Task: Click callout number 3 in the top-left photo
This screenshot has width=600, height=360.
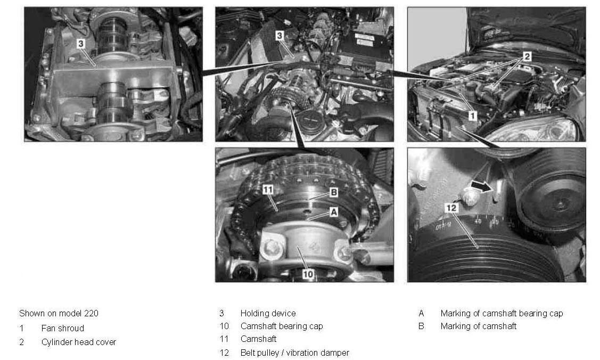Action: coord(80,44)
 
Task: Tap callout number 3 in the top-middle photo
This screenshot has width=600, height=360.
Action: coord(280,36)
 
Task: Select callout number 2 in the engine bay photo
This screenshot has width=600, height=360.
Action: coord(527,56)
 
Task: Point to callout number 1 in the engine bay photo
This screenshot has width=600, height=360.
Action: coord(473,116)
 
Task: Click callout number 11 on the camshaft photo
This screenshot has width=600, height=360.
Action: coord(268,190)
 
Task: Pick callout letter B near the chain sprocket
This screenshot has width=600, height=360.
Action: coord(334,192)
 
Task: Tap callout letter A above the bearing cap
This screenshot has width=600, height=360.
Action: coord(334,212)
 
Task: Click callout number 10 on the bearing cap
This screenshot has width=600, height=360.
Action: coord(308,274)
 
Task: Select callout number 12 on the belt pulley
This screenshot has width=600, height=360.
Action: coord(451,208)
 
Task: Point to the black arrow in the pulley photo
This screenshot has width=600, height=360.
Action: coord(482,186)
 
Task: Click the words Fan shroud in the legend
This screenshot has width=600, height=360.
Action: coord(63,328)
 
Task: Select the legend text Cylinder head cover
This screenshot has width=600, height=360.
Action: coord(78,342)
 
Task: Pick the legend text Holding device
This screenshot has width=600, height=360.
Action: coord(268,313)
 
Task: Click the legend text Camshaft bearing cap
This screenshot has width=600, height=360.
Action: coord(282,326)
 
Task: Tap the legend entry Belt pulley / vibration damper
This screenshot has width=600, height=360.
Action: coord(294,353)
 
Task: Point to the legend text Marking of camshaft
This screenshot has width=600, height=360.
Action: coord(478,326)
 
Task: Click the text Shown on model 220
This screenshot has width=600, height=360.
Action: coord(59,313)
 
